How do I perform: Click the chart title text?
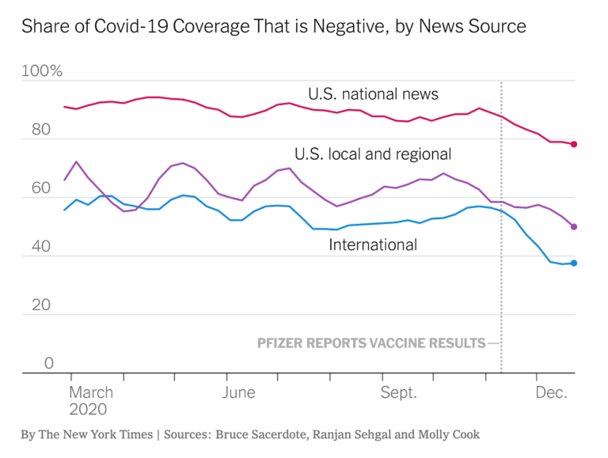point(273,27)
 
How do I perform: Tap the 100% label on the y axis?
point(42,72)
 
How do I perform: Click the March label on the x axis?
point(91,392)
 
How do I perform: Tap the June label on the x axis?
point(239,392)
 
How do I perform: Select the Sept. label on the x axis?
point(398,392)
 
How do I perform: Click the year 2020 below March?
point(88,410)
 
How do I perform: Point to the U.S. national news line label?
point(373,95)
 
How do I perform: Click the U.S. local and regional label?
point(373,153)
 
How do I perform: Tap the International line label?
point(373,244)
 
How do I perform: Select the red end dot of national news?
point(574,144)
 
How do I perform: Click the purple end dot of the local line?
point(574,226)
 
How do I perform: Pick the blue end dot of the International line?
point(574,263)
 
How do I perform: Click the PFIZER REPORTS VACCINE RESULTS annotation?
point(371,343)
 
